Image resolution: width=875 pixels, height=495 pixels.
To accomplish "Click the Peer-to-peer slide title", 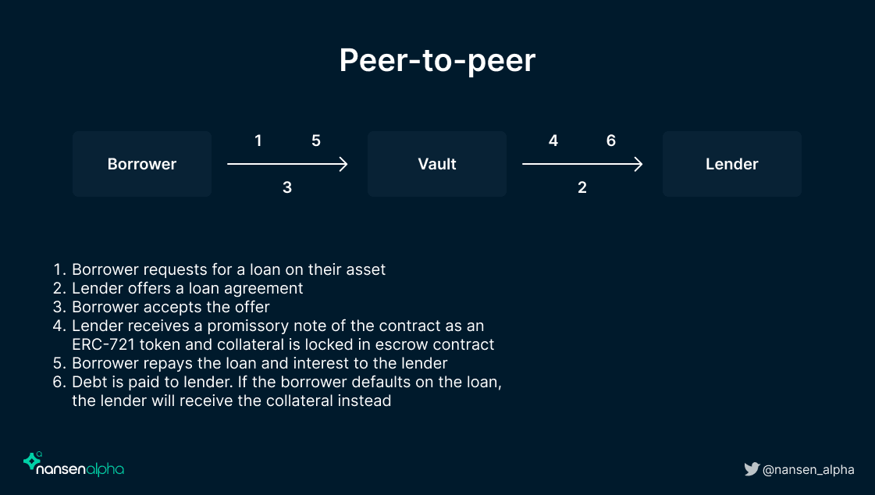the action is click(x=437, y=60).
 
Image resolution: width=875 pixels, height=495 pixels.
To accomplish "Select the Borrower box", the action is click(x=142, y=164).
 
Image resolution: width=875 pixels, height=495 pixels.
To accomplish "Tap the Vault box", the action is click(x=437, y=164).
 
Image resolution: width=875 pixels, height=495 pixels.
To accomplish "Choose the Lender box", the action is click(x=731, y=164).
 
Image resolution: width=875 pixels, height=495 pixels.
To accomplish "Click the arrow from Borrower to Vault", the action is click(x=287, y=164).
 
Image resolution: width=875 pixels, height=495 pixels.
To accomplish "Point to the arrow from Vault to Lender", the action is click(x=582, y=164).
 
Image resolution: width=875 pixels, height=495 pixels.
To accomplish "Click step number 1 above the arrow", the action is click(x=258, y=141).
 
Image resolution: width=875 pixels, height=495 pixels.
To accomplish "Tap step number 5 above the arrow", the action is click(x=316, y=141).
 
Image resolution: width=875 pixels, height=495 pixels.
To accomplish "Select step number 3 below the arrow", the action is click(x=286, y=187).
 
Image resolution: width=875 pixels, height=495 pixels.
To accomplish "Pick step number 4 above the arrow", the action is click(x=553, y=141).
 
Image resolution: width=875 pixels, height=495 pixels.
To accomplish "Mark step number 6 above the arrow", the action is click(x=611, y=141).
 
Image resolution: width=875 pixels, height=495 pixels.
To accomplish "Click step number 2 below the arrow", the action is click(x=582, y=187).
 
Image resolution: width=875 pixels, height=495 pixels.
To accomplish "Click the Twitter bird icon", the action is click(x=752, y=469).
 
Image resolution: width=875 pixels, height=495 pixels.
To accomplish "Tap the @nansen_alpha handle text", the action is click(x=808, y=470).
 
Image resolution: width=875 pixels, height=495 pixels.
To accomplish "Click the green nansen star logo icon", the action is click(x=32, y=461).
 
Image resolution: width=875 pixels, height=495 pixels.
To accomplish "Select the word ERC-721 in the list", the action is click(x=104, y=344).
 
